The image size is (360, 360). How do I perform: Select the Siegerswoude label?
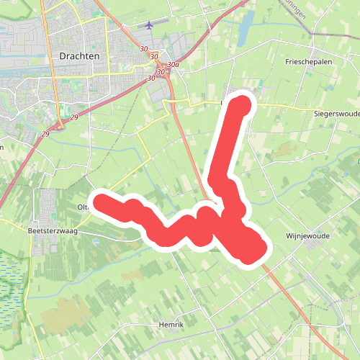pos(336,114)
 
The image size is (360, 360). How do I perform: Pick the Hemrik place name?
pos(171,325)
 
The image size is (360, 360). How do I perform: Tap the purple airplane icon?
pos(149,25)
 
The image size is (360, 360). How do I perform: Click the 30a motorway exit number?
pos(173,65)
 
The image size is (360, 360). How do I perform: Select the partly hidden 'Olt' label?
pos(81,207)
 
